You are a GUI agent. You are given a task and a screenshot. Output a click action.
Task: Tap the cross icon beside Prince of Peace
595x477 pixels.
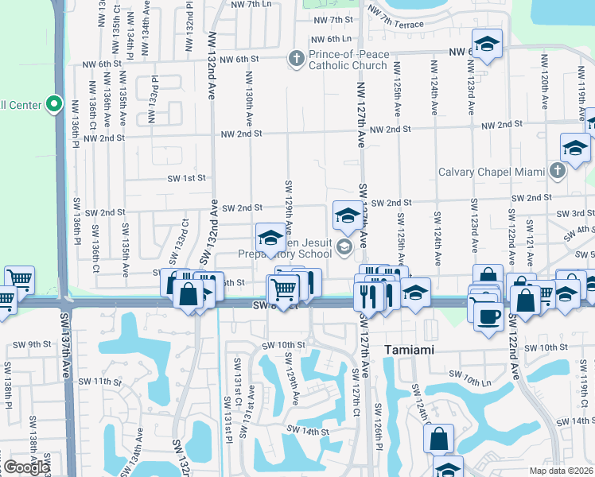click(296, 57)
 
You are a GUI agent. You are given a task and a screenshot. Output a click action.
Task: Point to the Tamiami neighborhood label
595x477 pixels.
click(411, 350)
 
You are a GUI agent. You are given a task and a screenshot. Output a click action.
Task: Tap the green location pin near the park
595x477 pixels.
click(54, 103)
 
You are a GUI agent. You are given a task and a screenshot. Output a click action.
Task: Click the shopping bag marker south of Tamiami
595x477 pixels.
click(438, 437)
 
